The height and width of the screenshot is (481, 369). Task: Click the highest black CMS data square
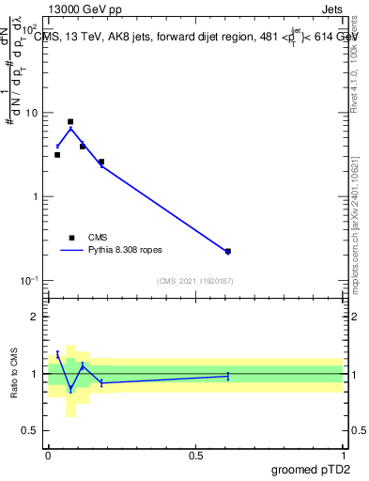[x=70, y=122]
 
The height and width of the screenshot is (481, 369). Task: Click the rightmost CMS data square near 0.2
[x=228, y=252]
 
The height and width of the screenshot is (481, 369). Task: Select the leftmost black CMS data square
[x=57, y=155]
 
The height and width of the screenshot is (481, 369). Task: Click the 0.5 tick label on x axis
[x=195, y=456]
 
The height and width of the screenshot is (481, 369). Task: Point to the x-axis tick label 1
[x=343, y=456]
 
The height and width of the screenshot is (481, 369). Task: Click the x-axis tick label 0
[x=48, y=456]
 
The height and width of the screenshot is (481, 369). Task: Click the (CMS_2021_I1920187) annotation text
[x=194, y=281]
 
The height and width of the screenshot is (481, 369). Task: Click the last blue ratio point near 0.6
[x=228, y=376]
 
